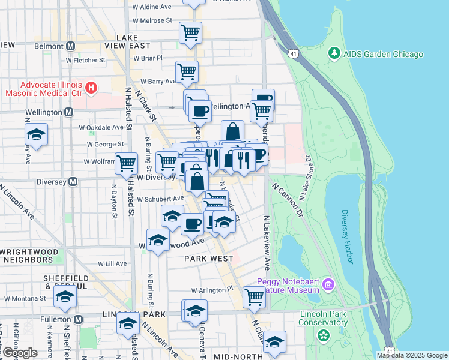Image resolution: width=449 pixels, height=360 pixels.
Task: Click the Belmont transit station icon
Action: click(71, 46)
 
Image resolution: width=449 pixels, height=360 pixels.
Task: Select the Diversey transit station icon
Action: click(73, 181)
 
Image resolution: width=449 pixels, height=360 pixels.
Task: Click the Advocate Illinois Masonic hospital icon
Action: click(91, 89)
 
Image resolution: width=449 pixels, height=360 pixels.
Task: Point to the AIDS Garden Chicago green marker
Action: click(334, 54)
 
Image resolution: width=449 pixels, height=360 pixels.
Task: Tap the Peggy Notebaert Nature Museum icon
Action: click(328, 284)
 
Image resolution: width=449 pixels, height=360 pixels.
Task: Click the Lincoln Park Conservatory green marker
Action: click(324, 335)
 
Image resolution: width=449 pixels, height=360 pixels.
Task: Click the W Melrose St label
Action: click(152, 20)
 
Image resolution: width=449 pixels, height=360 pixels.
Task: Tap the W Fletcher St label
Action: click(86, 60)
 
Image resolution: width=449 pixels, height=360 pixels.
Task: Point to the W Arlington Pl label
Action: click(212, 290)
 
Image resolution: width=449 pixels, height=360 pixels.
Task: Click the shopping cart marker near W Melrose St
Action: click(190, 32)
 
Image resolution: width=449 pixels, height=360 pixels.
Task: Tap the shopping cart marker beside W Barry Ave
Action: click(187, 71)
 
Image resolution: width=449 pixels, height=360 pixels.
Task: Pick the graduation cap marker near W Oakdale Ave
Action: click(37, 134)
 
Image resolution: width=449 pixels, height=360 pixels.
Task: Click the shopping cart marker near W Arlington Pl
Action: click(254, 296)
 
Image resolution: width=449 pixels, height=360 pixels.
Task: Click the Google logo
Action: click(19, 353)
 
